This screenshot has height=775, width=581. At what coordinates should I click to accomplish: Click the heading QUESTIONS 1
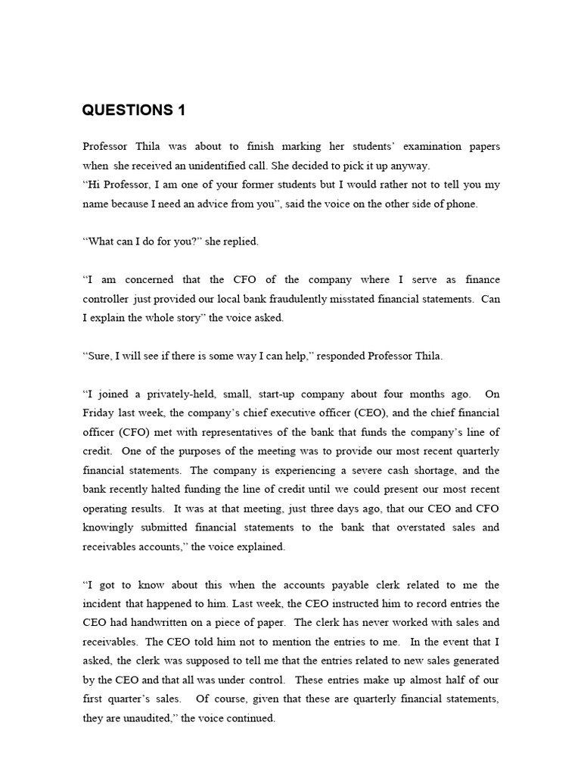click(x=133, y=110)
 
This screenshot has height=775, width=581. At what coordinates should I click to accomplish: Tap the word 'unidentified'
click(x=231, y=165)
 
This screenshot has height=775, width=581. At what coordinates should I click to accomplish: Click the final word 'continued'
click(x=250, y=718)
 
